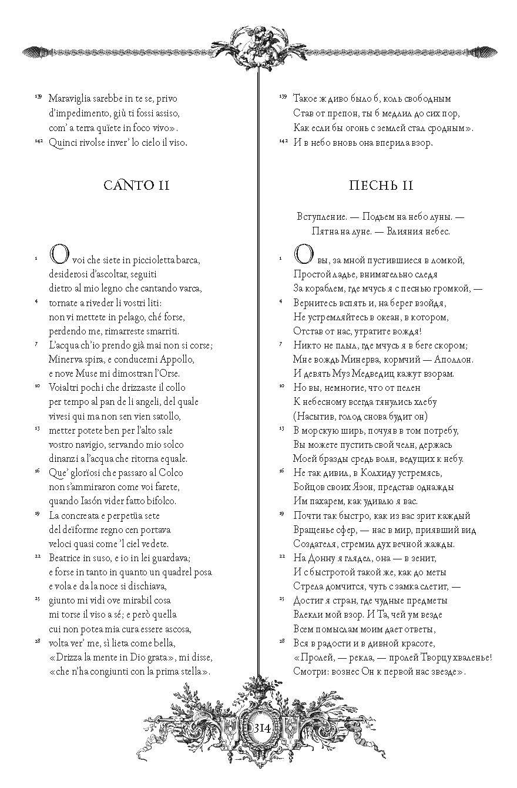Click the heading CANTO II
136,186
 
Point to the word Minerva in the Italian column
67,359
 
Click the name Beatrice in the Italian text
67,558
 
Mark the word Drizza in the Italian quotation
68,657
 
